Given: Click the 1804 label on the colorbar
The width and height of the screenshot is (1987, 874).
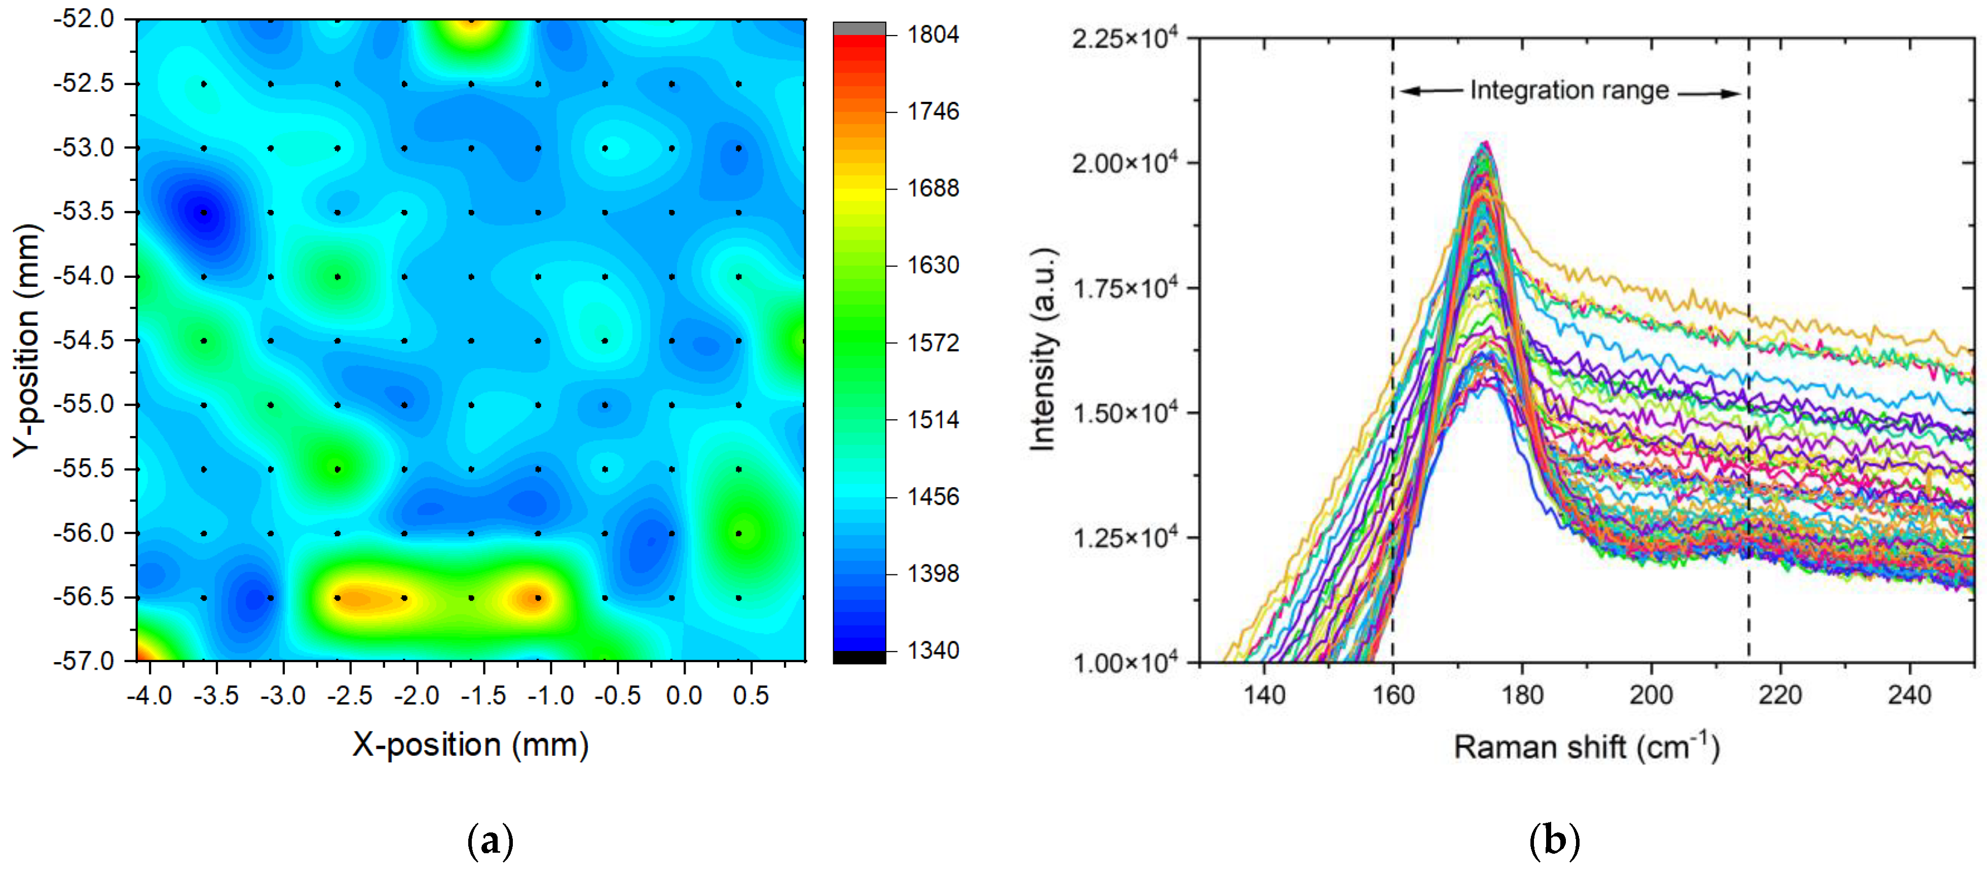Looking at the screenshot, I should click(x=932, y=34).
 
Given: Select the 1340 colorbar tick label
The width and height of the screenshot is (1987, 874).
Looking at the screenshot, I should click(x=932, y=650).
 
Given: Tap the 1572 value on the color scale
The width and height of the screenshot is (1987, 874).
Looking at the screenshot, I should click(x=932, y=343).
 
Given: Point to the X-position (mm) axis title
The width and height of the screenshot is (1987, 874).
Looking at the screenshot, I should click(x=470, y=744).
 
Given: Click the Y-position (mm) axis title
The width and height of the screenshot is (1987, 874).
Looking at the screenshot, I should click(x=27, y=340).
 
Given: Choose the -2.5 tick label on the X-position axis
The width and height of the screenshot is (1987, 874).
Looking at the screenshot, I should click(x=350, y=696).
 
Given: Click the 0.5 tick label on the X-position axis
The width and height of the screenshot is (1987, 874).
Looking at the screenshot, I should click(x=751, y=696).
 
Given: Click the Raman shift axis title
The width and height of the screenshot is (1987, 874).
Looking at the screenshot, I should click(x=1586, y=747).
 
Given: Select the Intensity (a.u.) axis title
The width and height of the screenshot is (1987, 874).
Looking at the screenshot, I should click(x=1043, y=349).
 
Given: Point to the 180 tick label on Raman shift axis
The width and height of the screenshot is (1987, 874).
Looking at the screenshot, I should click(x=1522, y=695).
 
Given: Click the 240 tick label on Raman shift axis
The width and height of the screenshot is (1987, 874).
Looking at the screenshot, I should click(x=1909, y=695).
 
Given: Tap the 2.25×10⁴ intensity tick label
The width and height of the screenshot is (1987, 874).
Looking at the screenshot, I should click(x=1124, y=38).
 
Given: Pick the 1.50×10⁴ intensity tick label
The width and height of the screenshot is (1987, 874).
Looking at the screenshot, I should click(x=1124, y=413).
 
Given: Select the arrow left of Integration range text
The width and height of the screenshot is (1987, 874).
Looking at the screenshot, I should click(x=1432, y=91).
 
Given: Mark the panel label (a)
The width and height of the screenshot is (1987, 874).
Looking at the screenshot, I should click(x=491, y=841).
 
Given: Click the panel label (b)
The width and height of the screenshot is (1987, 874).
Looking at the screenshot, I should click(x=1554, y=841).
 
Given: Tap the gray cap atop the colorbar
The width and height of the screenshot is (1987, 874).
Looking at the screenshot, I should click(x=859, y=28).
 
